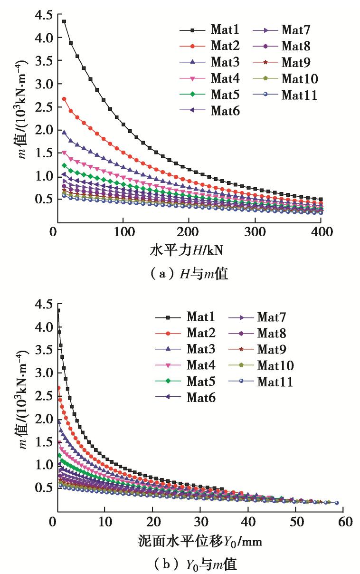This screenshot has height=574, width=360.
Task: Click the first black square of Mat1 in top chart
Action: point(64,21)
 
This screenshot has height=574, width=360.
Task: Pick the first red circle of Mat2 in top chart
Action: point(64,99)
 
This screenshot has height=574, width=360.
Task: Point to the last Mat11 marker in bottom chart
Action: point(337,503)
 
